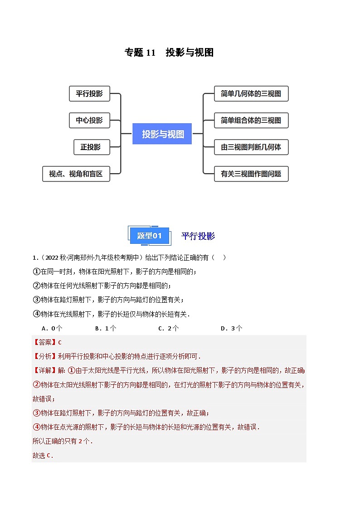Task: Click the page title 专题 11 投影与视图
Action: coord(169,53)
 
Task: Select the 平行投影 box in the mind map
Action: coord(89,94)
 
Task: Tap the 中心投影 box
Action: coord(89,120)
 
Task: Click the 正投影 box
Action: coord(91,147)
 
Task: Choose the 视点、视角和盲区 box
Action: coord(76,174)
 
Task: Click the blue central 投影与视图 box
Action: coord(162,134)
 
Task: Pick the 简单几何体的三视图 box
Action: coord(251,94)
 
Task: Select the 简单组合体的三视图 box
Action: coord(251,120)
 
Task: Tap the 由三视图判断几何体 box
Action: coord(251,147)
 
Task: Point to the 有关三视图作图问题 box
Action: coord(251,174)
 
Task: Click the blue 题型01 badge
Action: coord(149,236)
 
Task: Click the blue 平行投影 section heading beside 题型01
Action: coord(198,236)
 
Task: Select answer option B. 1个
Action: coord(106,329)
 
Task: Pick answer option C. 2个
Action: coord(168,329)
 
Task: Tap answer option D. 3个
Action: coord(231,329)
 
